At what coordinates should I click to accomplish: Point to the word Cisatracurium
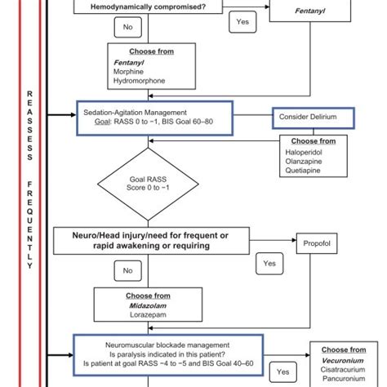343,368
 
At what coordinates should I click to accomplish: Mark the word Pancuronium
341,378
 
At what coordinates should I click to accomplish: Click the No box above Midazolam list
127,269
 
